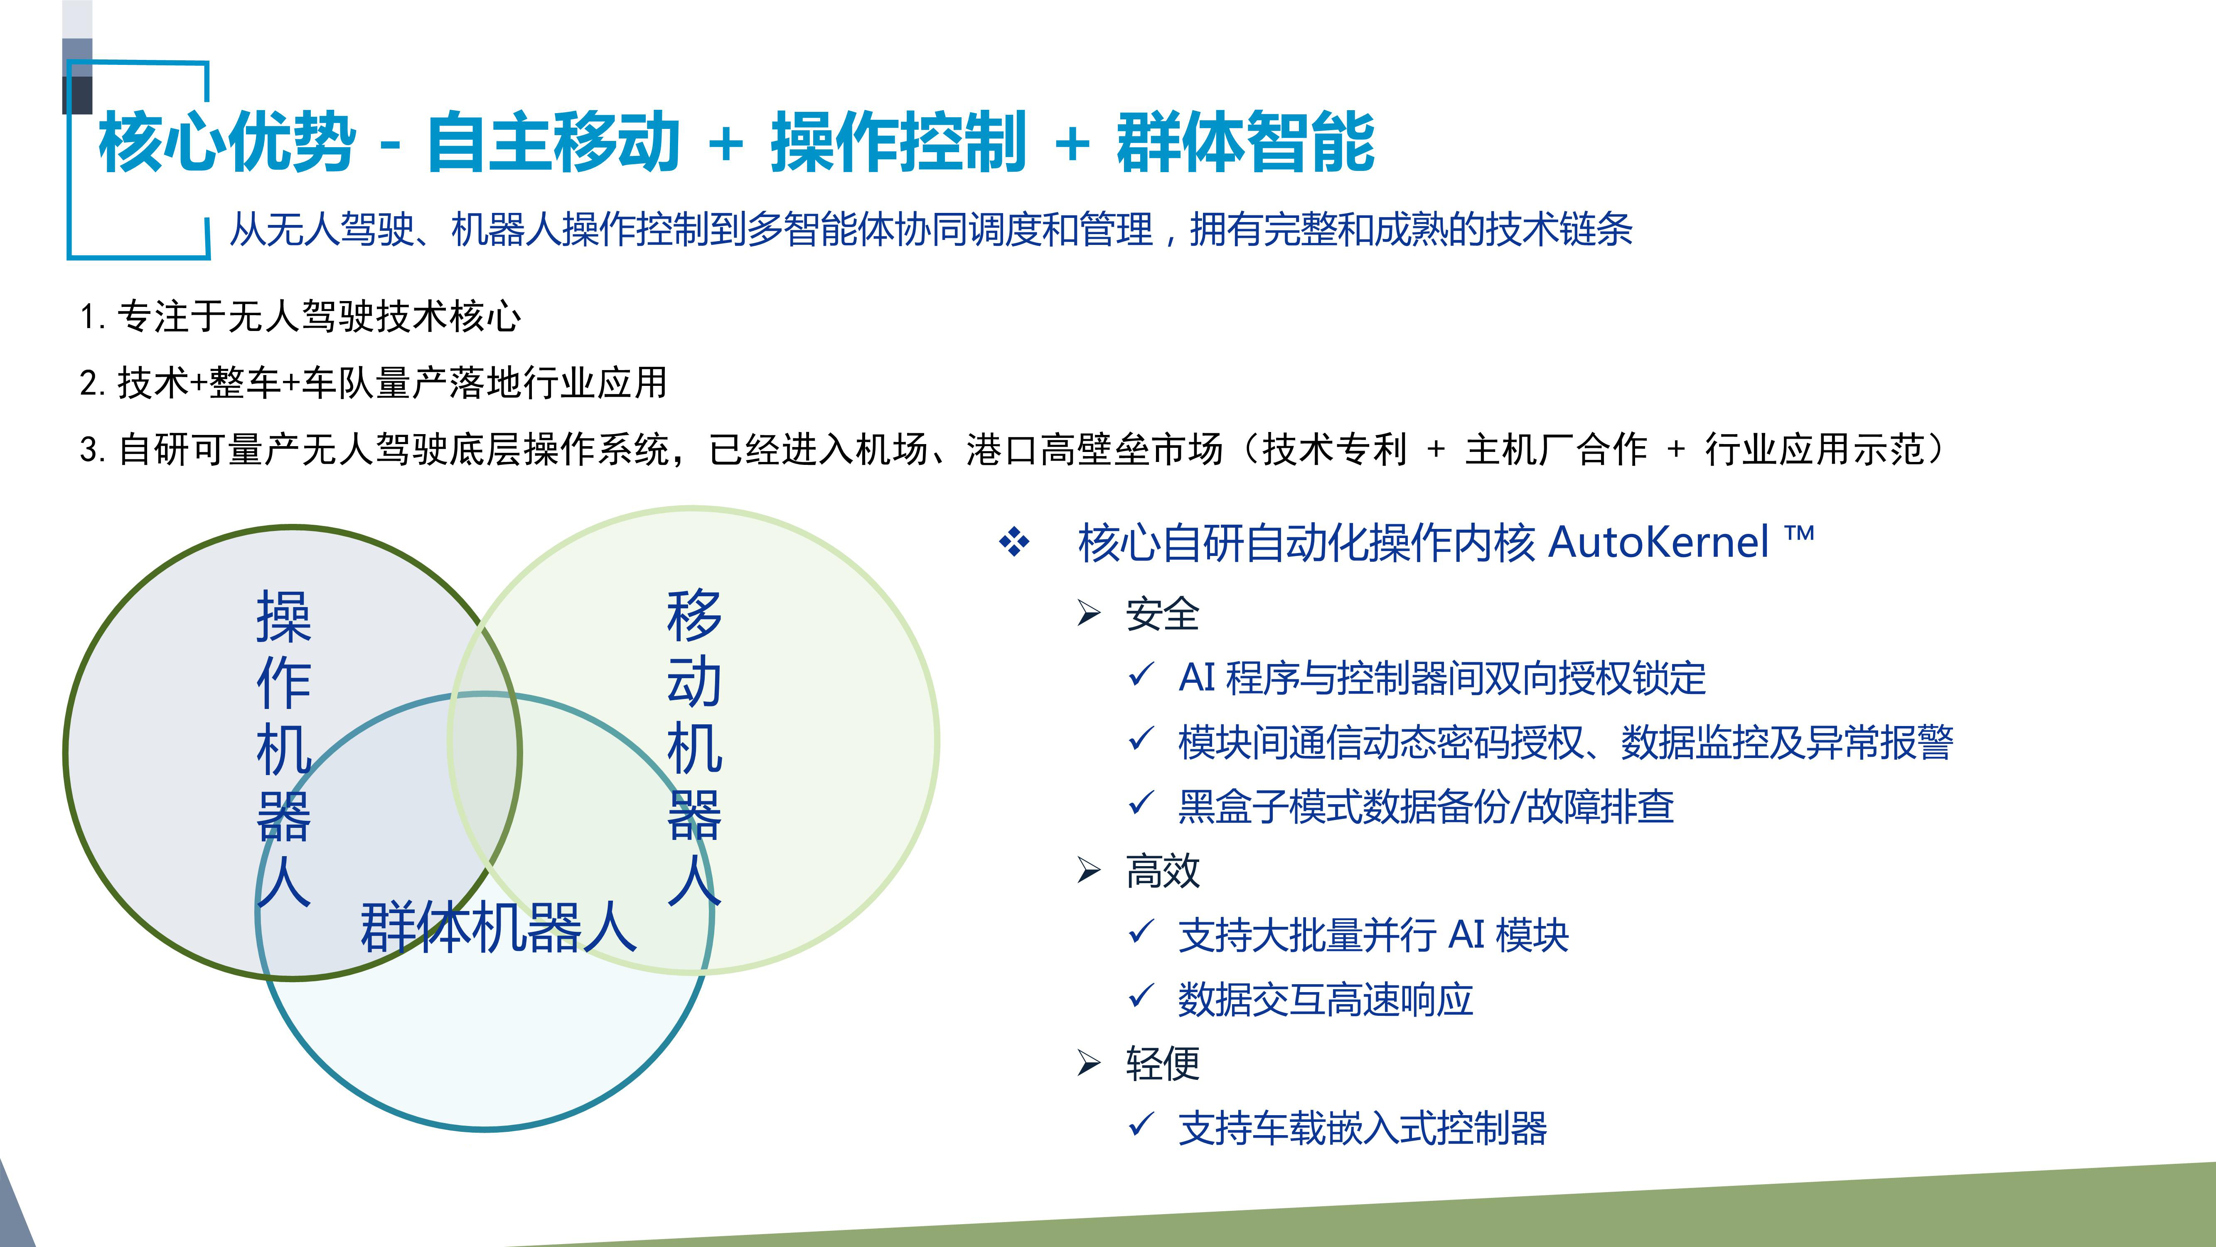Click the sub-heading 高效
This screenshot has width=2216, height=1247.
point(1162,871)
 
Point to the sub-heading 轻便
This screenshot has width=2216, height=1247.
point(1162,1064)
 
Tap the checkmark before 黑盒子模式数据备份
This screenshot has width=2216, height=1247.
point(1141,805)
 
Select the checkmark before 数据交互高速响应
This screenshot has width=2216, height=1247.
point(1141,997)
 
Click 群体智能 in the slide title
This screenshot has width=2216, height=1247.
point(1246,142)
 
